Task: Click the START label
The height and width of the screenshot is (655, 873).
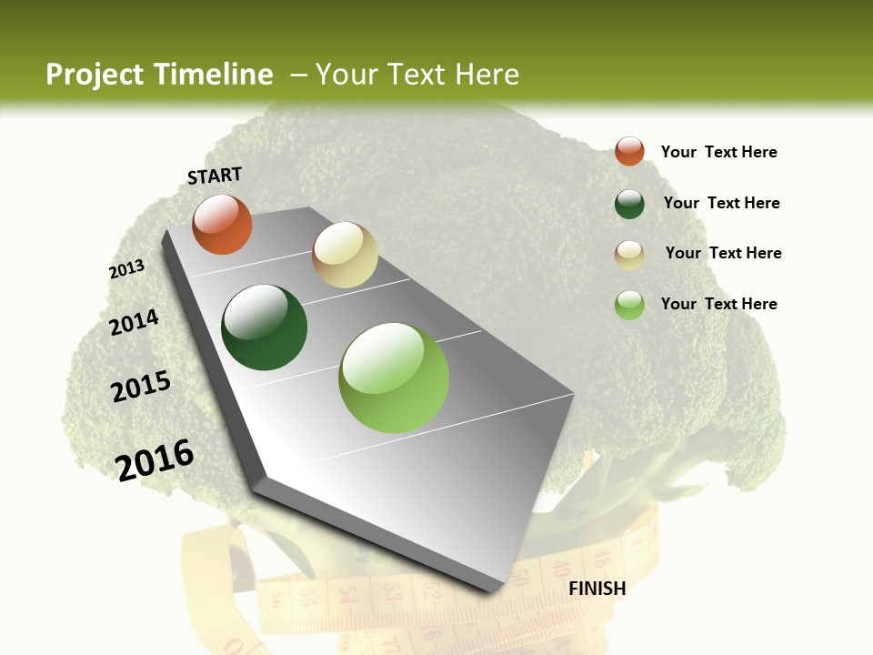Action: (215, 175)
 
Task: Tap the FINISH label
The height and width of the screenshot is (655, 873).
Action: (597, 589)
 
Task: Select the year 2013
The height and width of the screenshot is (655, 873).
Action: (126, 269)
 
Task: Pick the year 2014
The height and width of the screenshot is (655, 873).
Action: (134, 322)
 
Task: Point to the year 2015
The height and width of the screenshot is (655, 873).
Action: (141, 387)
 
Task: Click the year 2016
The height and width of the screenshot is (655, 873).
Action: (155, 459)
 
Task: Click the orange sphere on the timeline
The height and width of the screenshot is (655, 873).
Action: (222, 225)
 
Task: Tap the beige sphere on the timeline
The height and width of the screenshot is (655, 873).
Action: (345, 255)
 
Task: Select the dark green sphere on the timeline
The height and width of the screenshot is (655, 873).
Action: (265, 327)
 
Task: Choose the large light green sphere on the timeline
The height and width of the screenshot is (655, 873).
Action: (394, 378)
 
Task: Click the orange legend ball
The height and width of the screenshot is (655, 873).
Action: (629, 151)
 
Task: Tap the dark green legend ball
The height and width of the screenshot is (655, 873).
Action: (629, 204)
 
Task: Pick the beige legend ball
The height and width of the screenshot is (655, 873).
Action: (629, 255)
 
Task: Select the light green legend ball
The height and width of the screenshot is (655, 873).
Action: (629, 305)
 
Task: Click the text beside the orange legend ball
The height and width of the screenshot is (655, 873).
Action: (718, 152)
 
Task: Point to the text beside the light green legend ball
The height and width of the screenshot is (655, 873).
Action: (718, 304)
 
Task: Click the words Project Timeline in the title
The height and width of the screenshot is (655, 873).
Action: (159, 75)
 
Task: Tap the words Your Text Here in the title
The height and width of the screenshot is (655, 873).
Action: (416, 75)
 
